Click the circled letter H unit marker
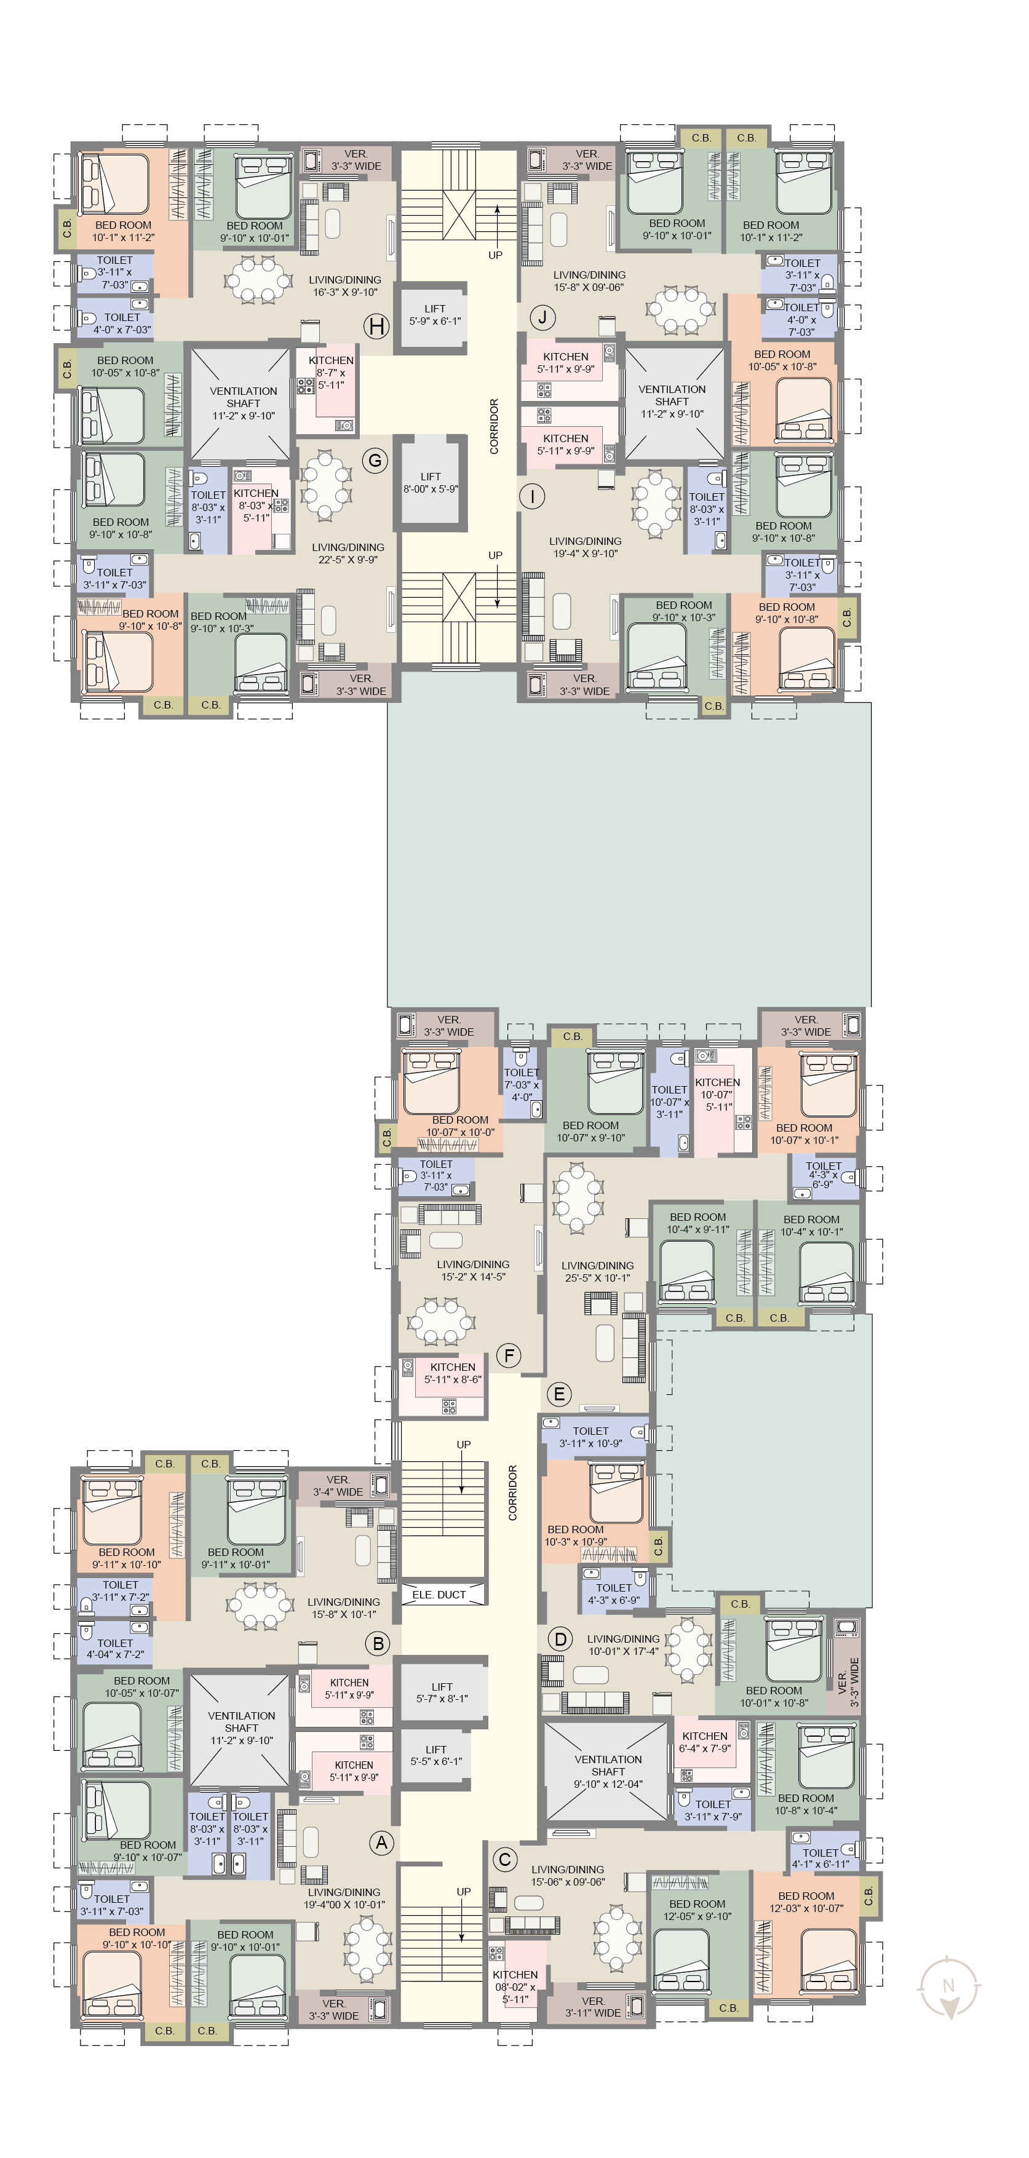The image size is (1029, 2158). (376, 327)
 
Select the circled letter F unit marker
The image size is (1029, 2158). (509, 1355)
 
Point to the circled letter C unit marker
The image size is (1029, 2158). (504, 1860)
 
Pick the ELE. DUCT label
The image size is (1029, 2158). (439, 1594)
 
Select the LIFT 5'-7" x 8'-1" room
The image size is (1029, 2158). (442, 1692)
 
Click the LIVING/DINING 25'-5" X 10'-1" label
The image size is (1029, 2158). (597, 1272)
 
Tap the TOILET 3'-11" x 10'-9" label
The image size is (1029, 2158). (590, 1437)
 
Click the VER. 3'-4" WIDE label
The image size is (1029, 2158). (338, 1485)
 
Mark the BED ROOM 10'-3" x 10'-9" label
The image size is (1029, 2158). (576, 1535)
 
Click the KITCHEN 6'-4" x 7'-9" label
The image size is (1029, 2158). (705, 1742)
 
